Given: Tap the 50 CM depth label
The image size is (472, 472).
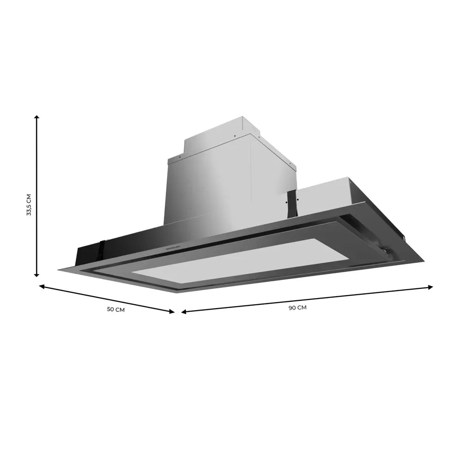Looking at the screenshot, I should [x=116, y=310].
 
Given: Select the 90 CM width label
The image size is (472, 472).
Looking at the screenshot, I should [x=298, y=307].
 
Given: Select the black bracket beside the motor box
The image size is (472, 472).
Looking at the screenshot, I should [x=292, y=204].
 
